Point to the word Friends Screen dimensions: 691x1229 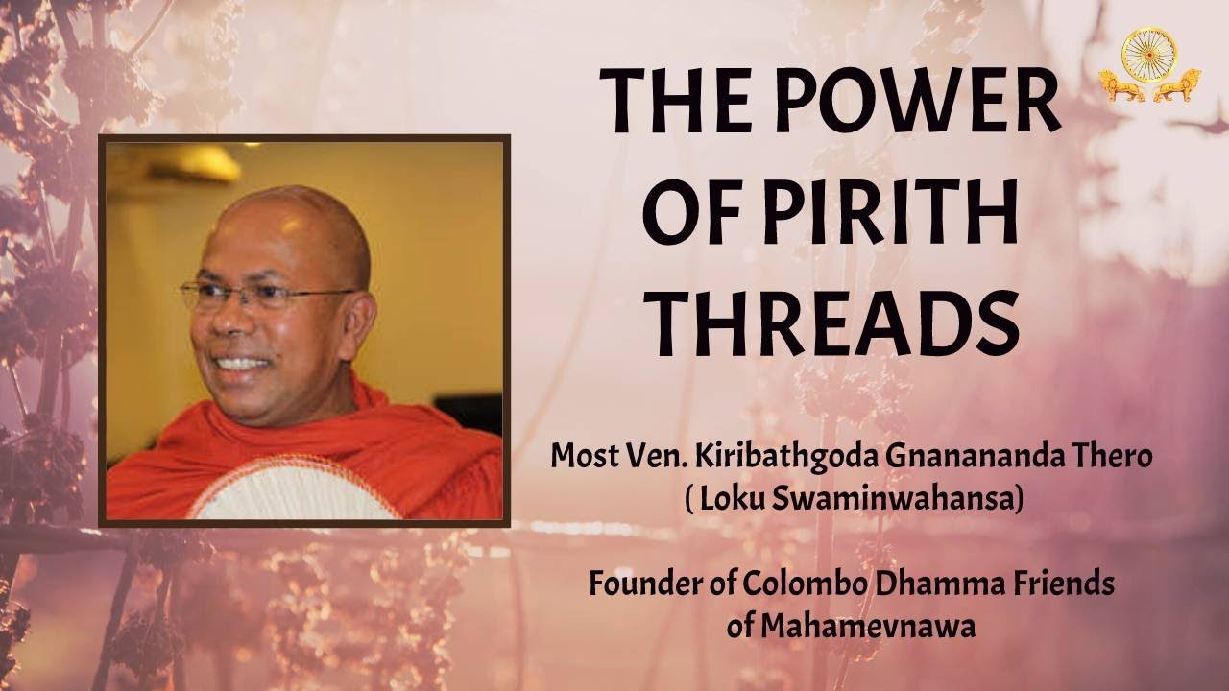(1064, 584)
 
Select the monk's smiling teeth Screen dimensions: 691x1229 (239, 366)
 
